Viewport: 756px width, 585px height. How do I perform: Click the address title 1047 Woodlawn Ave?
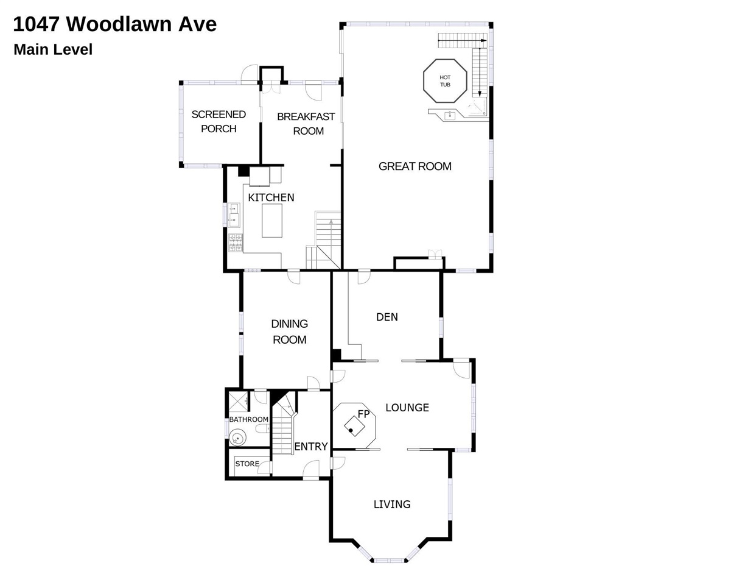click(x=114, y=24)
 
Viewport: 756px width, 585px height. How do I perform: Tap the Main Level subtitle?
click(x=53, y=49)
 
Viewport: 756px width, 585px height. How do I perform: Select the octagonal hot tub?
click(x=445, y=81)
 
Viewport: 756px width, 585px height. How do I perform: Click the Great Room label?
click(x=415, y=166)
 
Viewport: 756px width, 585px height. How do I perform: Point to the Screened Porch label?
click(x=219, y=121)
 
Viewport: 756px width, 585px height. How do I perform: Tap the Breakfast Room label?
click(x=306, y=124)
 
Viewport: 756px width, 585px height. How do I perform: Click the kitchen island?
click(x=272, y=221)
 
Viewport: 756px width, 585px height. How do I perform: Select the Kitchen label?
click(x=271, y=197)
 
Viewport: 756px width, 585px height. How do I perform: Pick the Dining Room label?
click(x=289, y=331)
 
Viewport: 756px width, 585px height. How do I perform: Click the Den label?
click(x=387, y=317)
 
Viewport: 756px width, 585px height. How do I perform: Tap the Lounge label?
click(x=407, y=408)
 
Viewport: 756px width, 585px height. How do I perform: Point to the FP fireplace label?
click(x=363, y=414)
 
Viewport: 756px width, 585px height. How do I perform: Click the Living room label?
click(x=392, y=504)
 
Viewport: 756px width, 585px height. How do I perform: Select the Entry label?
click(x=311, y=447)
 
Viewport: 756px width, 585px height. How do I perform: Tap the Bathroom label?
click(x=248, y=419)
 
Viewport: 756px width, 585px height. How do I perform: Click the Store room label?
click(x=247, y=464)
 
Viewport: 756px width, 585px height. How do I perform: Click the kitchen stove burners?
click(x=235, y=243)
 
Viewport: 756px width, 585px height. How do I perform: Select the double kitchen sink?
click(x=234, y=214)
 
